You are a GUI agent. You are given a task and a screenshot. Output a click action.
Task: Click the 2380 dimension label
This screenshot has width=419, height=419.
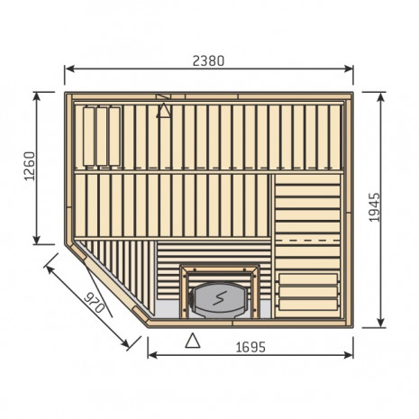click(x=208, y=61)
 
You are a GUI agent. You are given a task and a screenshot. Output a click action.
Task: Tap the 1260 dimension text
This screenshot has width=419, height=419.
click(x=30, y=166)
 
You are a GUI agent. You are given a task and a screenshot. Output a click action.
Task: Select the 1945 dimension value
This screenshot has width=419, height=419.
click(x=374, y=207)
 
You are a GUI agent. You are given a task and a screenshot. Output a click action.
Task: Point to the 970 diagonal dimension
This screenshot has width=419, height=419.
click(x=94, y=304)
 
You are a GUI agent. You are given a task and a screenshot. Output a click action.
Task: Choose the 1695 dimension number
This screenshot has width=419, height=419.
click(x=250, y=348)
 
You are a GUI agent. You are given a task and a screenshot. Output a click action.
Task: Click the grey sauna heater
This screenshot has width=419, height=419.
click(x=219, y=301)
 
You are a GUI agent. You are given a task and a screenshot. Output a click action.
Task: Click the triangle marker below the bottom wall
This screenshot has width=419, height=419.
click(x=193, y=341)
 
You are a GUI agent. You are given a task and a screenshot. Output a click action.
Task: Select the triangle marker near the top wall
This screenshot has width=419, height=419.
click(x=164, y=111)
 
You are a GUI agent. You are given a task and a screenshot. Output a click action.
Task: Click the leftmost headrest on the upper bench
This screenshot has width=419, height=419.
click(x=89, y=137)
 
